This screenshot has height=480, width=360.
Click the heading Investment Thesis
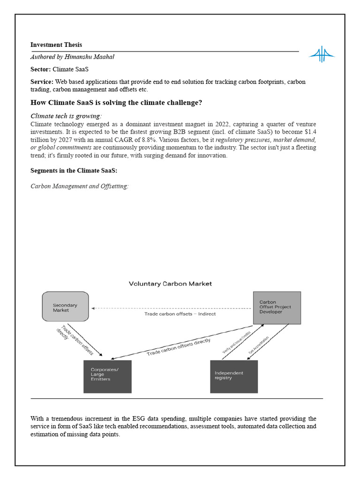click(56, 45)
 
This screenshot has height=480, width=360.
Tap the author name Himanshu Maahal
click(90, 57)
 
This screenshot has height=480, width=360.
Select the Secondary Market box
click(65, 307)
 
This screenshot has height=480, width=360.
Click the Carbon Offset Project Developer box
click(277, 307)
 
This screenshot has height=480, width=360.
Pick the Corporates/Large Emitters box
click(107, 376)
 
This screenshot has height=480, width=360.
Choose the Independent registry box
click(234, 376)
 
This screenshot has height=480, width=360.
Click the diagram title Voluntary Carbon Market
click(170, 284)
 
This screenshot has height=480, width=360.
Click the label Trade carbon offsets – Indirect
click(180, 314)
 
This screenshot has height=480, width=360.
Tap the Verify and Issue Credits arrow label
click(236, 343)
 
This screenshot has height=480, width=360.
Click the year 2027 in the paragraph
click(68, 140)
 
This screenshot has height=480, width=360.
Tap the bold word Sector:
click(40, 69)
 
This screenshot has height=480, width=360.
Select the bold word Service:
click(42, 82)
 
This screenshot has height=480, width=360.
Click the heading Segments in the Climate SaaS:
click(74, 171)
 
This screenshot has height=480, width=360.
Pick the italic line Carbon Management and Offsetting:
click(79, 187)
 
